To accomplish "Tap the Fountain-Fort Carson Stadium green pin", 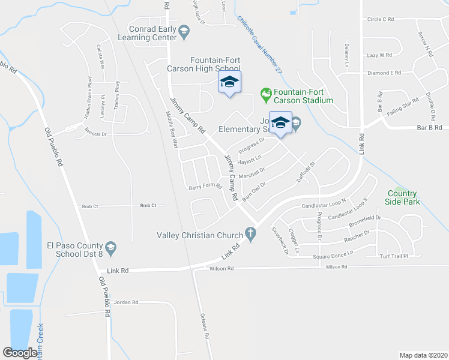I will (x=265, y=94).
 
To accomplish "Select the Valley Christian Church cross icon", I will (x=250, y=235).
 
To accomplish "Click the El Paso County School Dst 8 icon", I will (x=110, y=247).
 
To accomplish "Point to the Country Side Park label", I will (x=402, y=197).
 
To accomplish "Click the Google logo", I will (x=20, y=353).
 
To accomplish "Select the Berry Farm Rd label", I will (x=205, y=186).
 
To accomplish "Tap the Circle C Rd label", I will (x=380, y=19).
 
